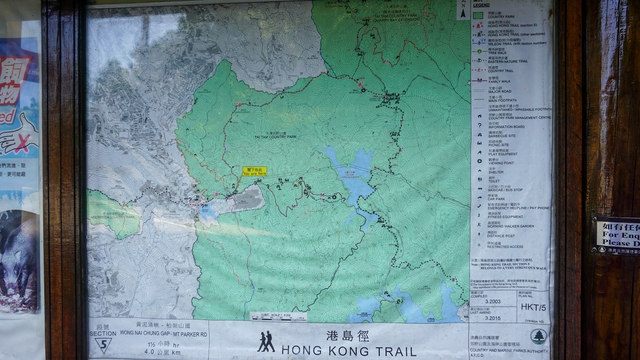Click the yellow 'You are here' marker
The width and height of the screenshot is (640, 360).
pyautogui.click(x=254, y=171)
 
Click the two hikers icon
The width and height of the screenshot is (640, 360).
pyautogui.click(x=266, y=342)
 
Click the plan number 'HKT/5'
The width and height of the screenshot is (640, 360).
pyautogui.click(x=533, y=307)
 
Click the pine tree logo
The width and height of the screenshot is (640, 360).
pyautogui.click(x=538, y=336)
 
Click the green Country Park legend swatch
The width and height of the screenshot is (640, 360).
pyautogui.click(x=479, y=15)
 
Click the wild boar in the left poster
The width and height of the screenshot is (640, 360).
pyautogui.click(x=19, y=256)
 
